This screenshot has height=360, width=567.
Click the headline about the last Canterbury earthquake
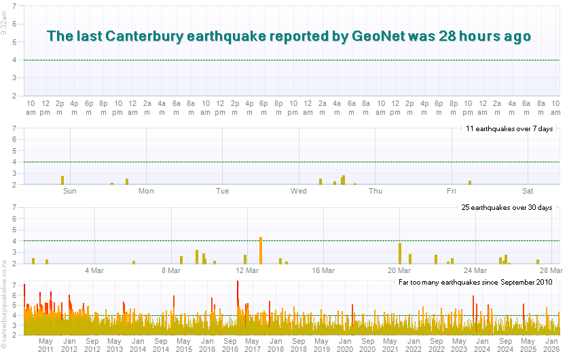point(289,36)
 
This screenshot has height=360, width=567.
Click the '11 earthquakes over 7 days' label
point(510,128)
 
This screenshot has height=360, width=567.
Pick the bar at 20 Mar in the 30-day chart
point(400,253)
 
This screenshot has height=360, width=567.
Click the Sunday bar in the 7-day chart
point(62,180)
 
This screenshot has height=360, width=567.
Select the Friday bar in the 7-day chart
point(470,182)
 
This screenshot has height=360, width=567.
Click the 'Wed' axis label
point(299,192)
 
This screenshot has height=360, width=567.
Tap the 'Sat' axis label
point(528,192)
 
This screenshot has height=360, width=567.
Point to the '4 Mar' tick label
point(94,270)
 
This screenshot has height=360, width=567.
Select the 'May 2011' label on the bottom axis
point(45,344)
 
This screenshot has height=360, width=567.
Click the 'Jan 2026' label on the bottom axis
point(551,344)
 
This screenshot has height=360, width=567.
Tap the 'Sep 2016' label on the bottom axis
point(230,344)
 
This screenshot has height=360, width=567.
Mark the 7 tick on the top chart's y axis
point(14,7)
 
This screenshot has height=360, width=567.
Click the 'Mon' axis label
point(146,192)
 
